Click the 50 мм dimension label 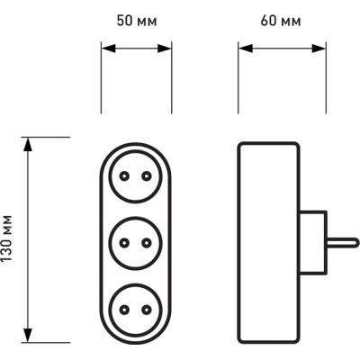click(x=137, y=21)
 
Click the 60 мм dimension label click(x=281, y=21)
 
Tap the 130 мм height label click(x=6, y=238)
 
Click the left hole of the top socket click(x=124, y=176)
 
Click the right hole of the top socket click(x=147, y=176)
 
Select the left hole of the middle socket click(x=124, y=243)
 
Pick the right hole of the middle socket click(x=147, y=243)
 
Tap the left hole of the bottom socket click(x=124, y=310)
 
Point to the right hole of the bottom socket click(x=147, y=310)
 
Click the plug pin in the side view click(x=342, y=242)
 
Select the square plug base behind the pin click(x=313, y=242)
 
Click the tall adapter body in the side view click(x=269, y=242)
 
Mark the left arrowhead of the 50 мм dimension click(x=109, y=48)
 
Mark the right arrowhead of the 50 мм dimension click(x=165, y=48)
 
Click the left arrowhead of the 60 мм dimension click(x=246, y=48)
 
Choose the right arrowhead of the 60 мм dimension click(x=319, y=48)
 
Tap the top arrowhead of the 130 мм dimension click(x=28, y=145)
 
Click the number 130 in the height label click(x=6, y=249)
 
